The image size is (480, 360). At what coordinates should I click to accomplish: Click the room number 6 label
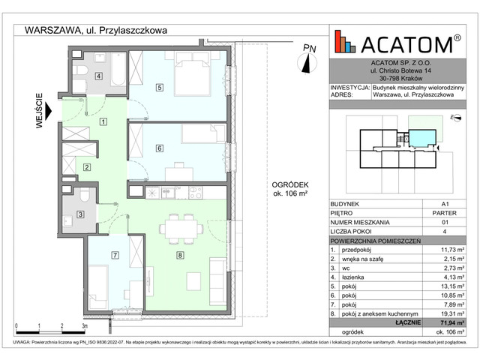coord(159,148)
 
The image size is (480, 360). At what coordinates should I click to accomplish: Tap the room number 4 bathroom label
coord(98,74)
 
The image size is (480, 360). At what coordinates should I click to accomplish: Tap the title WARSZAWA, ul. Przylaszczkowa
coord(95,30)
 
